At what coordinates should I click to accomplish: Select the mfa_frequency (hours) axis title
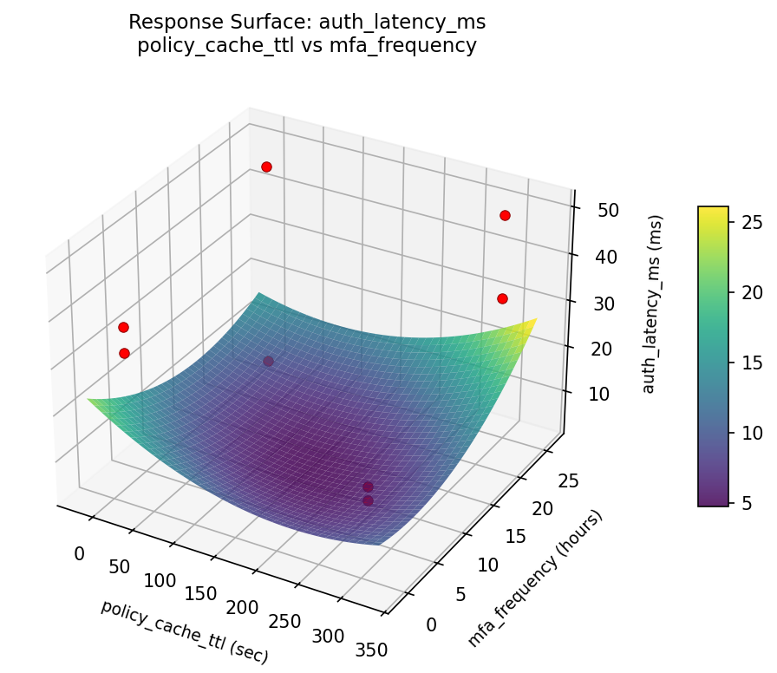tap(535, 578)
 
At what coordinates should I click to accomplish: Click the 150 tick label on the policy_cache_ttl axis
tap(201, 593)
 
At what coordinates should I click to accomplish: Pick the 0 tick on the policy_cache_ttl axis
tap(81, 553)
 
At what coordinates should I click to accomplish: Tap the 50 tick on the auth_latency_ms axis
tap(596, 210)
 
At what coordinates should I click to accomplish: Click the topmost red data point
tap(266, 167)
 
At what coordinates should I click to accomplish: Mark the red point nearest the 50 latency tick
tap(505, 215)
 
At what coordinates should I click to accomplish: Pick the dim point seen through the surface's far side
tap(268, 361)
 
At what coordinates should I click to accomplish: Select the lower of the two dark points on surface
tap(368, 500)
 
